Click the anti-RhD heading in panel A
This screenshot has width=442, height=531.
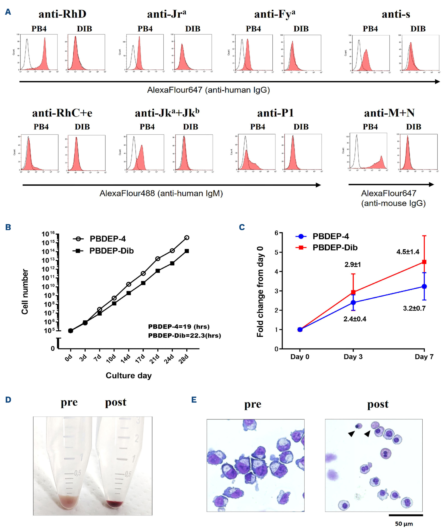coord(62,14)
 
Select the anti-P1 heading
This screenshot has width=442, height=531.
coord(275,113)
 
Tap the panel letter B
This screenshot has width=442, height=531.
coord(8,227)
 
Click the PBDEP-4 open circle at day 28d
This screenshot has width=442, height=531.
coord(187,238)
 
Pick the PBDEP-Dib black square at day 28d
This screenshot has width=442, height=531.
coord(187,251)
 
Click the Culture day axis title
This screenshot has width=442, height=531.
coord(129,376)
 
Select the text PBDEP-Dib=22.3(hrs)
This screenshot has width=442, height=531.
coord(184,336)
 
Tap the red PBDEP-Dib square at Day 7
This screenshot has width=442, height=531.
coord(424,262)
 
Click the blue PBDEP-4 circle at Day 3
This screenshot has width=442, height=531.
coord(353,302)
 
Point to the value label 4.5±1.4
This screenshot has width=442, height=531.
coord(408,252)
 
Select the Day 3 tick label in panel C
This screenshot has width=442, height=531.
coord(353,357)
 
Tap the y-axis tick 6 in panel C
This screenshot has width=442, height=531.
coord(276,233)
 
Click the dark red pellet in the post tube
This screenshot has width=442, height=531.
coord(114,504)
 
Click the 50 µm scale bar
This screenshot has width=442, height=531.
coord(406,515)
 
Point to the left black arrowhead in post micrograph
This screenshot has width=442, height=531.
coord(351,434)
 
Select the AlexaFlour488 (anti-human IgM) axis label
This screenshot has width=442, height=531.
coord(161,193)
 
